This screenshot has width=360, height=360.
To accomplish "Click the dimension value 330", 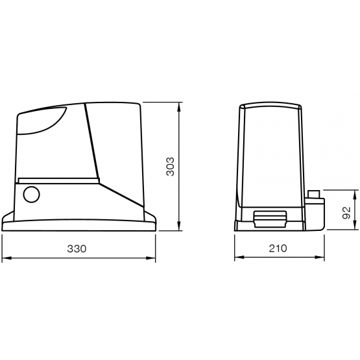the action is [77, 248].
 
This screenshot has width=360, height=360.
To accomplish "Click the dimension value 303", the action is [171, 167].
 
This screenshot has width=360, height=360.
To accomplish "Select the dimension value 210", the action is [278, 248].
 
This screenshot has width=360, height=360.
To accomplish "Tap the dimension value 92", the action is [346, 213].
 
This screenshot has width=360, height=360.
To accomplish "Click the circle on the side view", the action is [31, 195].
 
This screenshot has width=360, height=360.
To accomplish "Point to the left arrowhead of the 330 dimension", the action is [6, 258].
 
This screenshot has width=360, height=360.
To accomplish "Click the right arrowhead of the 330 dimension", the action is [151, 258].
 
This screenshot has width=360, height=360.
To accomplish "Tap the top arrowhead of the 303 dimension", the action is [180, 107].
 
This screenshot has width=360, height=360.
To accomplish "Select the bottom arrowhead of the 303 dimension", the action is [180, 226].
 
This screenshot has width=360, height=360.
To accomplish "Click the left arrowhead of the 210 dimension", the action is [239, 258].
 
